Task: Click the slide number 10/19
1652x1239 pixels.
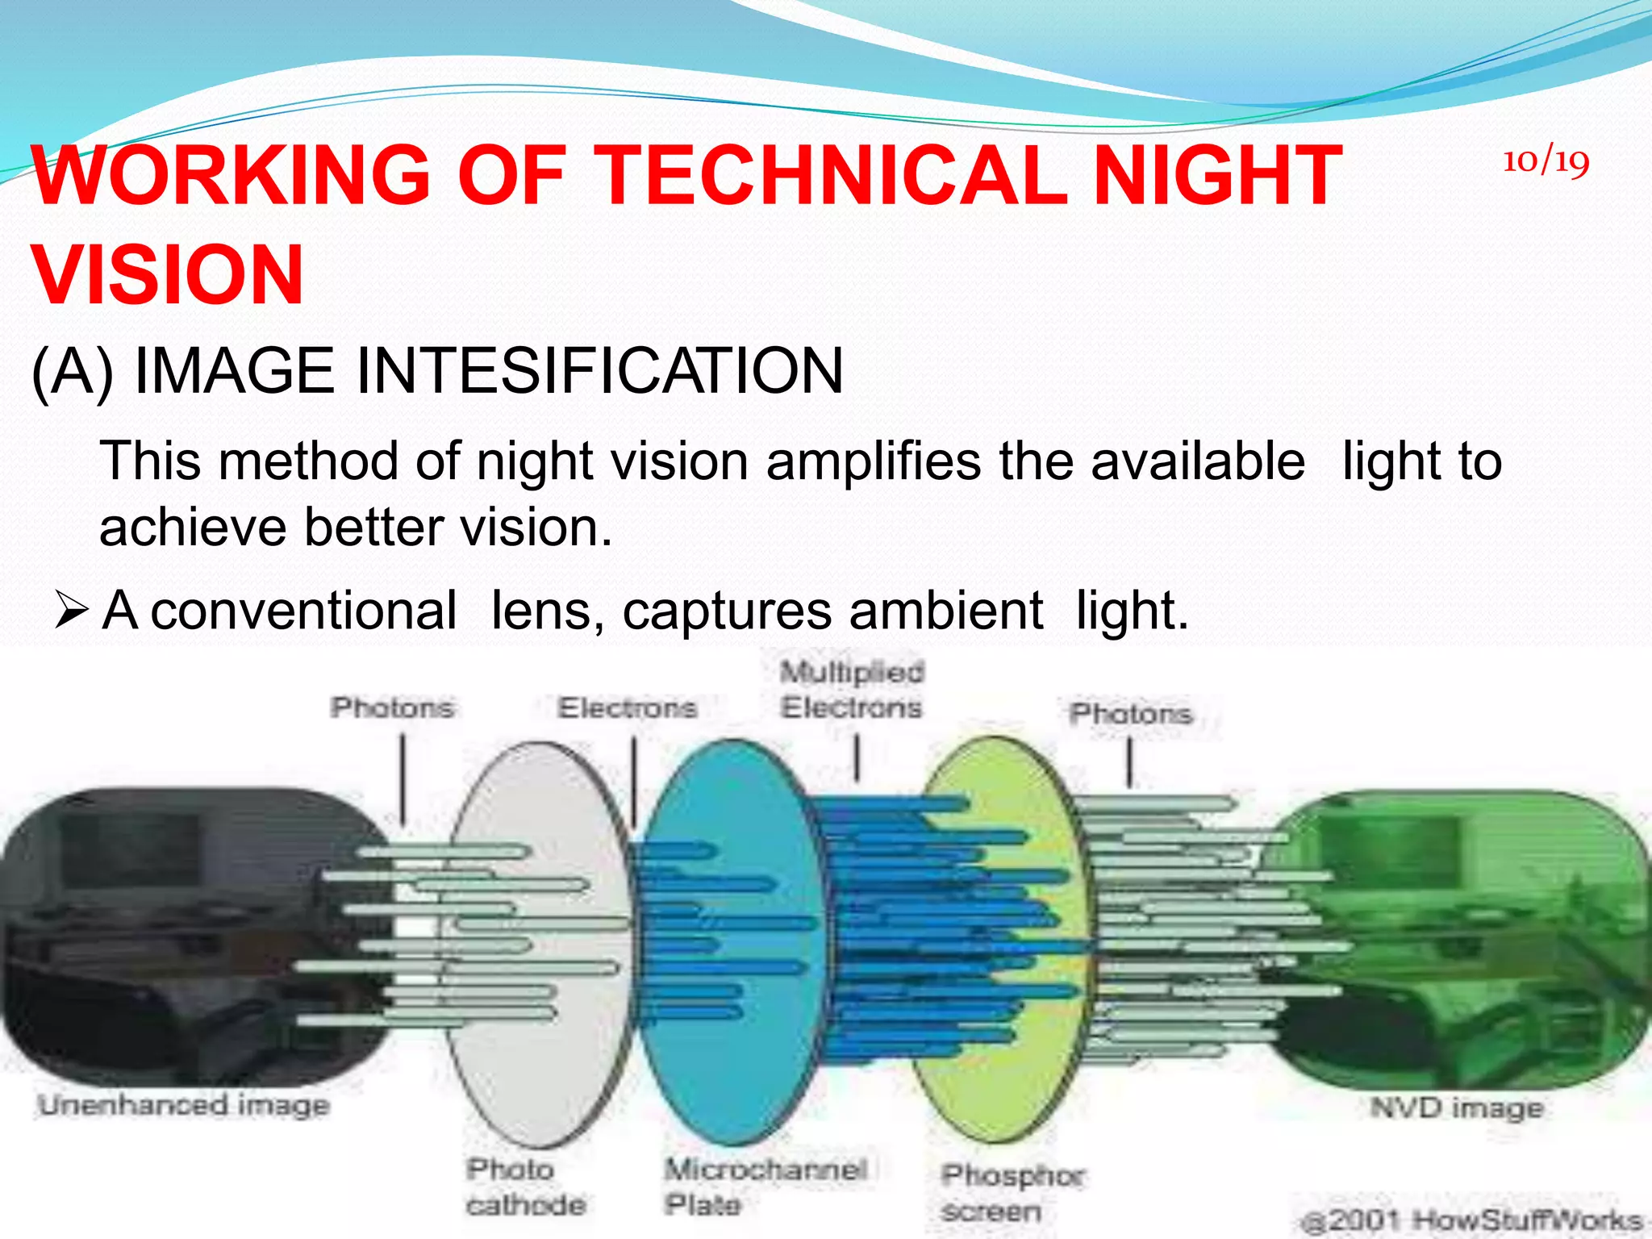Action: (1546, 162)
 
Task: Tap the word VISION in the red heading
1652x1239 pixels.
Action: (168, 275)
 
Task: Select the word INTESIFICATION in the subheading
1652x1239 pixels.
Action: (599, 371)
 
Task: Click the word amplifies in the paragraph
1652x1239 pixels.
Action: (874, 461)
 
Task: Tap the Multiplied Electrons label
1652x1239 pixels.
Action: (852, 690)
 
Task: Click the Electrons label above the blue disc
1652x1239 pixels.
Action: (628, 708)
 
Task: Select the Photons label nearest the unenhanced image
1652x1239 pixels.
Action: (393, 708)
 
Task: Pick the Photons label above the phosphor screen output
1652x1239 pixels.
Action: (1131, 714)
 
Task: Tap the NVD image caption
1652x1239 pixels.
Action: (1457, 1108)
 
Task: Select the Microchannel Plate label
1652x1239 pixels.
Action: (765, 1186)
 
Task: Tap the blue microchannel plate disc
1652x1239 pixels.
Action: (726, 1073)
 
